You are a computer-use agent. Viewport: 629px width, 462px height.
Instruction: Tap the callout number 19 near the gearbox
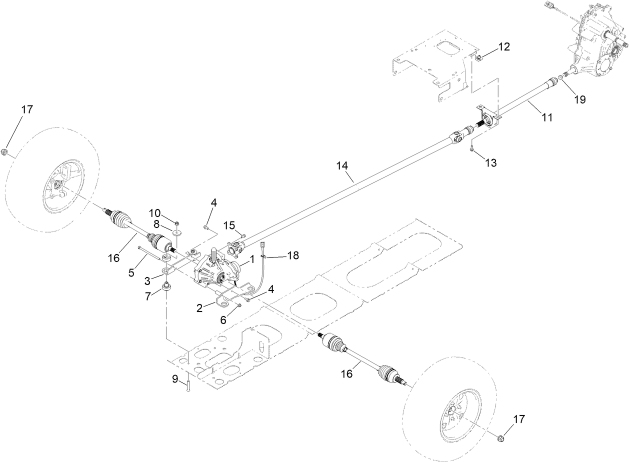click(579, 99)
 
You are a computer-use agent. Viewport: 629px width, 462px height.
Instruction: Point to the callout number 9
click(175, 379)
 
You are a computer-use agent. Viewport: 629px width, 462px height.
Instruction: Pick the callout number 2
click(199, 308)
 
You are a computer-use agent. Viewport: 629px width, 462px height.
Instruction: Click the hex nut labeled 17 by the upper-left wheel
click(5, 152)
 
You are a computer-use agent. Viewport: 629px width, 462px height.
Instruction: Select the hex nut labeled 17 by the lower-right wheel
click(501, 438)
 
